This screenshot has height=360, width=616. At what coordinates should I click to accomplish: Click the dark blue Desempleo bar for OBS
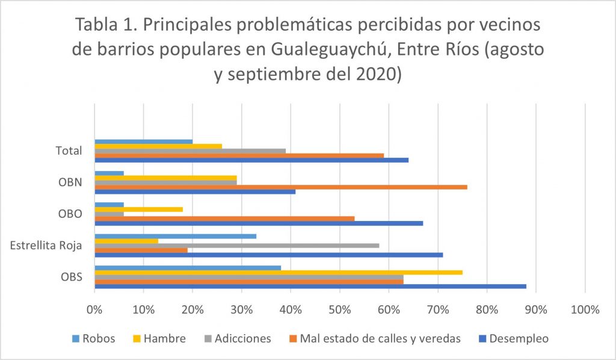coord(310,286)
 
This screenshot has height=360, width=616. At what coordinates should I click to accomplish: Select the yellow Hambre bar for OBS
coord(279,272)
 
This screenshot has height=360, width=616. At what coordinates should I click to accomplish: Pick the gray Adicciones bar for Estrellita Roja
coord(237,245)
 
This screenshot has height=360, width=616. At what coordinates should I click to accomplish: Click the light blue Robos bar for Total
coord(144,141)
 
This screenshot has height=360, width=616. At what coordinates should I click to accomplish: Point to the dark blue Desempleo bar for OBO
coord(259,223)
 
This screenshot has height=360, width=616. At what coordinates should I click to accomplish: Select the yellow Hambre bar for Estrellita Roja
coord(126,241)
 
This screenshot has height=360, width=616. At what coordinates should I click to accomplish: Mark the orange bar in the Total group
coord(239,155)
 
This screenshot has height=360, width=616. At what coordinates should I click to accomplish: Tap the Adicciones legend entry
coord(241,338)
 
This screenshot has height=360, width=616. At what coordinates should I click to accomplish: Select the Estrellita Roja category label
coord(46,245)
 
